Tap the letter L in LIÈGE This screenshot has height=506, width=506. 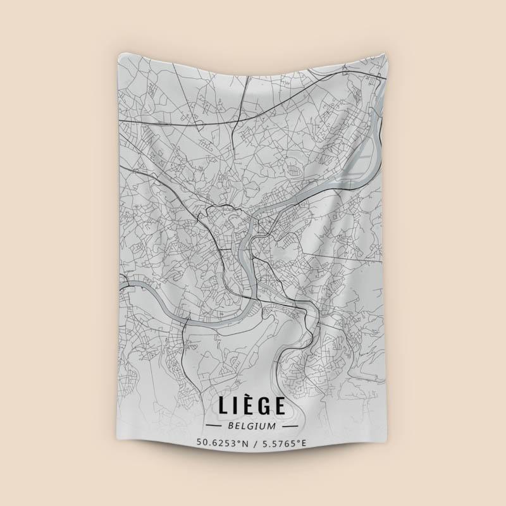click(x=223, y=406)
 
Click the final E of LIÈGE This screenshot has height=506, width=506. click(x=280, y=406)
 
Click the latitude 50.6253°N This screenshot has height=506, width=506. click(x=221, y=442)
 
